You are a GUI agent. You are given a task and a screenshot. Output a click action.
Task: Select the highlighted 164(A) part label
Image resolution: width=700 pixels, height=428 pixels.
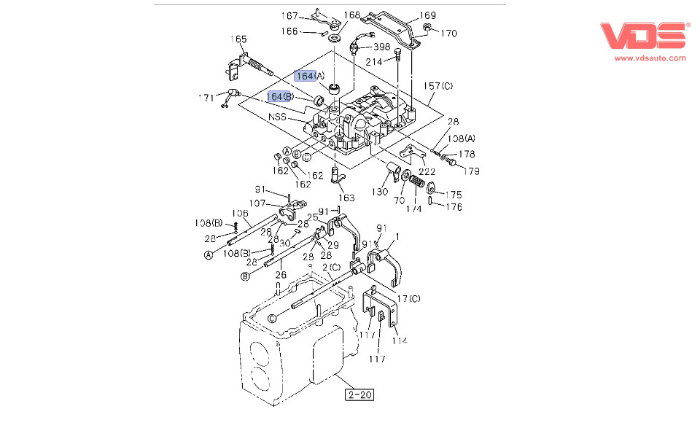[x=305, y=76]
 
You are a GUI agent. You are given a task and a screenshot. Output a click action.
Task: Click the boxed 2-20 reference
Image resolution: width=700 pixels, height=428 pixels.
[x=360, y=395]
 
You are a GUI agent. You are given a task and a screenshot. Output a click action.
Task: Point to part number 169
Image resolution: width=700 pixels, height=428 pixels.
[x=428, y=15]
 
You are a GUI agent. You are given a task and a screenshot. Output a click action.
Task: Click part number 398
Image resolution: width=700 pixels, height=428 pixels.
[x=382, y=47]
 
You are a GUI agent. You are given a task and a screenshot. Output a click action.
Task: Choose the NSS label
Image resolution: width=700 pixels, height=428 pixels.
[x=277, y=117]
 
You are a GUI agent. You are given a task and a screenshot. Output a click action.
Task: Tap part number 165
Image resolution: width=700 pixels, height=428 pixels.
[x=239, y=39]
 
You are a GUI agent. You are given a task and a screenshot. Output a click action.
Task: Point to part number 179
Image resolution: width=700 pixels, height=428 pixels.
[x=473, y=171]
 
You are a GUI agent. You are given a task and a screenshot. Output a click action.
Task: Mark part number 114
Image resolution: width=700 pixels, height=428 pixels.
[x=399, y=340]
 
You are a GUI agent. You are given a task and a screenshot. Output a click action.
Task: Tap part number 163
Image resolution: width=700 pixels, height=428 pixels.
[x=346, y=198]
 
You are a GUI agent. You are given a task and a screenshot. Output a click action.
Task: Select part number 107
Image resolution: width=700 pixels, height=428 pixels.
[x=258, y=204]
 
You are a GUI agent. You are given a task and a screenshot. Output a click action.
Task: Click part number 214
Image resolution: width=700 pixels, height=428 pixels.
[x=373, y=61]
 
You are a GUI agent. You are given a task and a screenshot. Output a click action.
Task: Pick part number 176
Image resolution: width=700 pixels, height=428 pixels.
[x=454, y=207]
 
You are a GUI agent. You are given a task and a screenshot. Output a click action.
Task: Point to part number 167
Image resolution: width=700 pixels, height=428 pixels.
[x=290, y=15]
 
